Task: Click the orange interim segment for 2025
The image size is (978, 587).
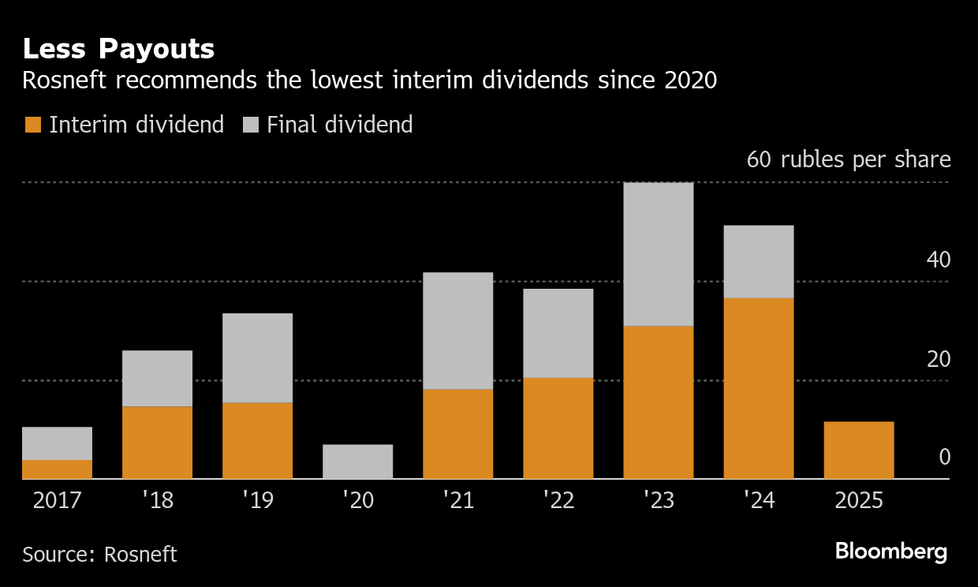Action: [858, 450]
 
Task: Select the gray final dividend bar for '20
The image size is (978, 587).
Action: [358, 462]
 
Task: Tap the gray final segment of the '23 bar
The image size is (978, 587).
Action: [659, 254]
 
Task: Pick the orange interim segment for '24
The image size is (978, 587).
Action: [759, 387]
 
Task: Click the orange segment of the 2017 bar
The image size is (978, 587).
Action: [58, 469]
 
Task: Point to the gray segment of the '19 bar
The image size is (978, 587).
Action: [258, 358]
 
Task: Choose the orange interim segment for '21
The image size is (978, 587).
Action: [458, 434]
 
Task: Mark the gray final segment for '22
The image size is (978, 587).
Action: [558, 333]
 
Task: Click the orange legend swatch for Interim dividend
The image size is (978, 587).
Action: [32, 125]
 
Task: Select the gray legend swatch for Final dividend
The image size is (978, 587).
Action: [250, 125]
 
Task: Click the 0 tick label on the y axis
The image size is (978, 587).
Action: [944, 458]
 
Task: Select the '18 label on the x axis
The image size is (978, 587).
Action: [157, 501]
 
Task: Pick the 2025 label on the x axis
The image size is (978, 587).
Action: [858, 501]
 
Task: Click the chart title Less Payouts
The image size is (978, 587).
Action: [118, 49]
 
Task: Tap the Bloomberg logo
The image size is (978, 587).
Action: [891, 551]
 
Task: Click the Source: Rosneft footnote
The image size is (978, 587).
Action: [99, 554]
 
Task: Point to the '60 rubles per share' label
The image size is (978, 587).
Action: [849, 159]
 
